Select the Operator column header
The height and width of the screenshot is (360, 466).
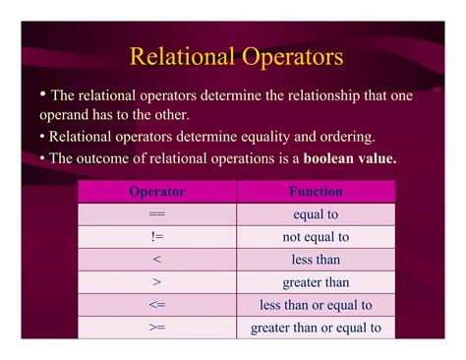157,192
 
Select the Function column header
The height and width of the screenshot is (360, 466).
316,192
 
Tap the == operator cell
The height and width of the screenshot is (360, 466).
157,214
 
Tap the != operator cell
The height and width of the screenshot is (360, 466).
157,237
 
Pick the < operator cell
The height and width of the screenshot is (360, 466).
157,260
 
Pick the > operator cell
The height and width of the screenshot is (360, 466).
157,282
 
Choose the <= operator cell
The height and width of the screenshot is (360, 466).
157,305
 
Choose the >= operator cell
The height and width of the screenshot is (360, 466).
157,328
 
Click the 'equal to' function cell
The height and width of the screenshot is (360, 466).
316,214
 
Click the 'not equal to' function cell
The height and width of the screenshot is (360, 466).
316,237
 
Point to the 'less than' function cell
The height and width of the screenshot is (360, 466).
316,260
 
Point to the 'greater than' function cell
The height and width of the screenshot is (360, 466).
316,282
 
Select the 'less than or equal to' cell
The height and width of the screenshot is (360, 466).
316,305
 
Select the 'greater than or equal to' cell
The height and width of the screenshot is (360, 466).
316,328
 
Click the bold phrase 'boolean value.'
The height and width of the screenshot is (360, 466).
350,158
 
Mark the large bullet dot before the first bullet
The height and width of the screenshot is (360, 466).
43,94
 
